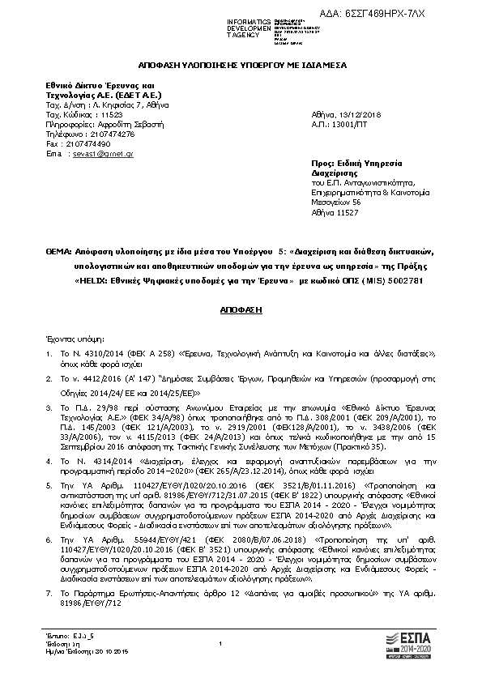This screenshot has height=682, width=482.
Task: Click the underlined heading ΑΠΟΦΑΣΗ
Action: [240, 311]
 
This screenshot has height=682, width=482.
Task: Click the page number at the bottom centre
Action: [220, 643]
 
